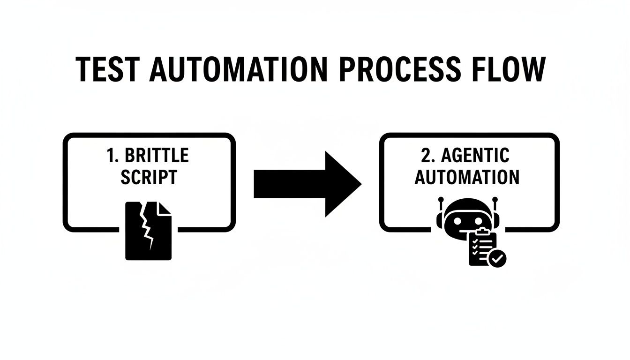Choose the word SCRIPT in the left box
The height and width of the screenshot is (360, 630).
click(x=149, y=177)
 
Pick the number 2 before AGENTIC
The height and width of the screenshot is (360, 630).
click(x=425, y=155)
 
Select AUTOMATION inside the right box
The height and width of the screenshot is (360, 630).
click(x=467, y=177)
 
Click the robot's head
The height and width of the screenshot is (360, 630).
click(x=467, y=217)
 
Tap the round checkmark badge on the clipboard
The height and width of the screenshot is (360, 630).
click(x=497, y=257)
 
